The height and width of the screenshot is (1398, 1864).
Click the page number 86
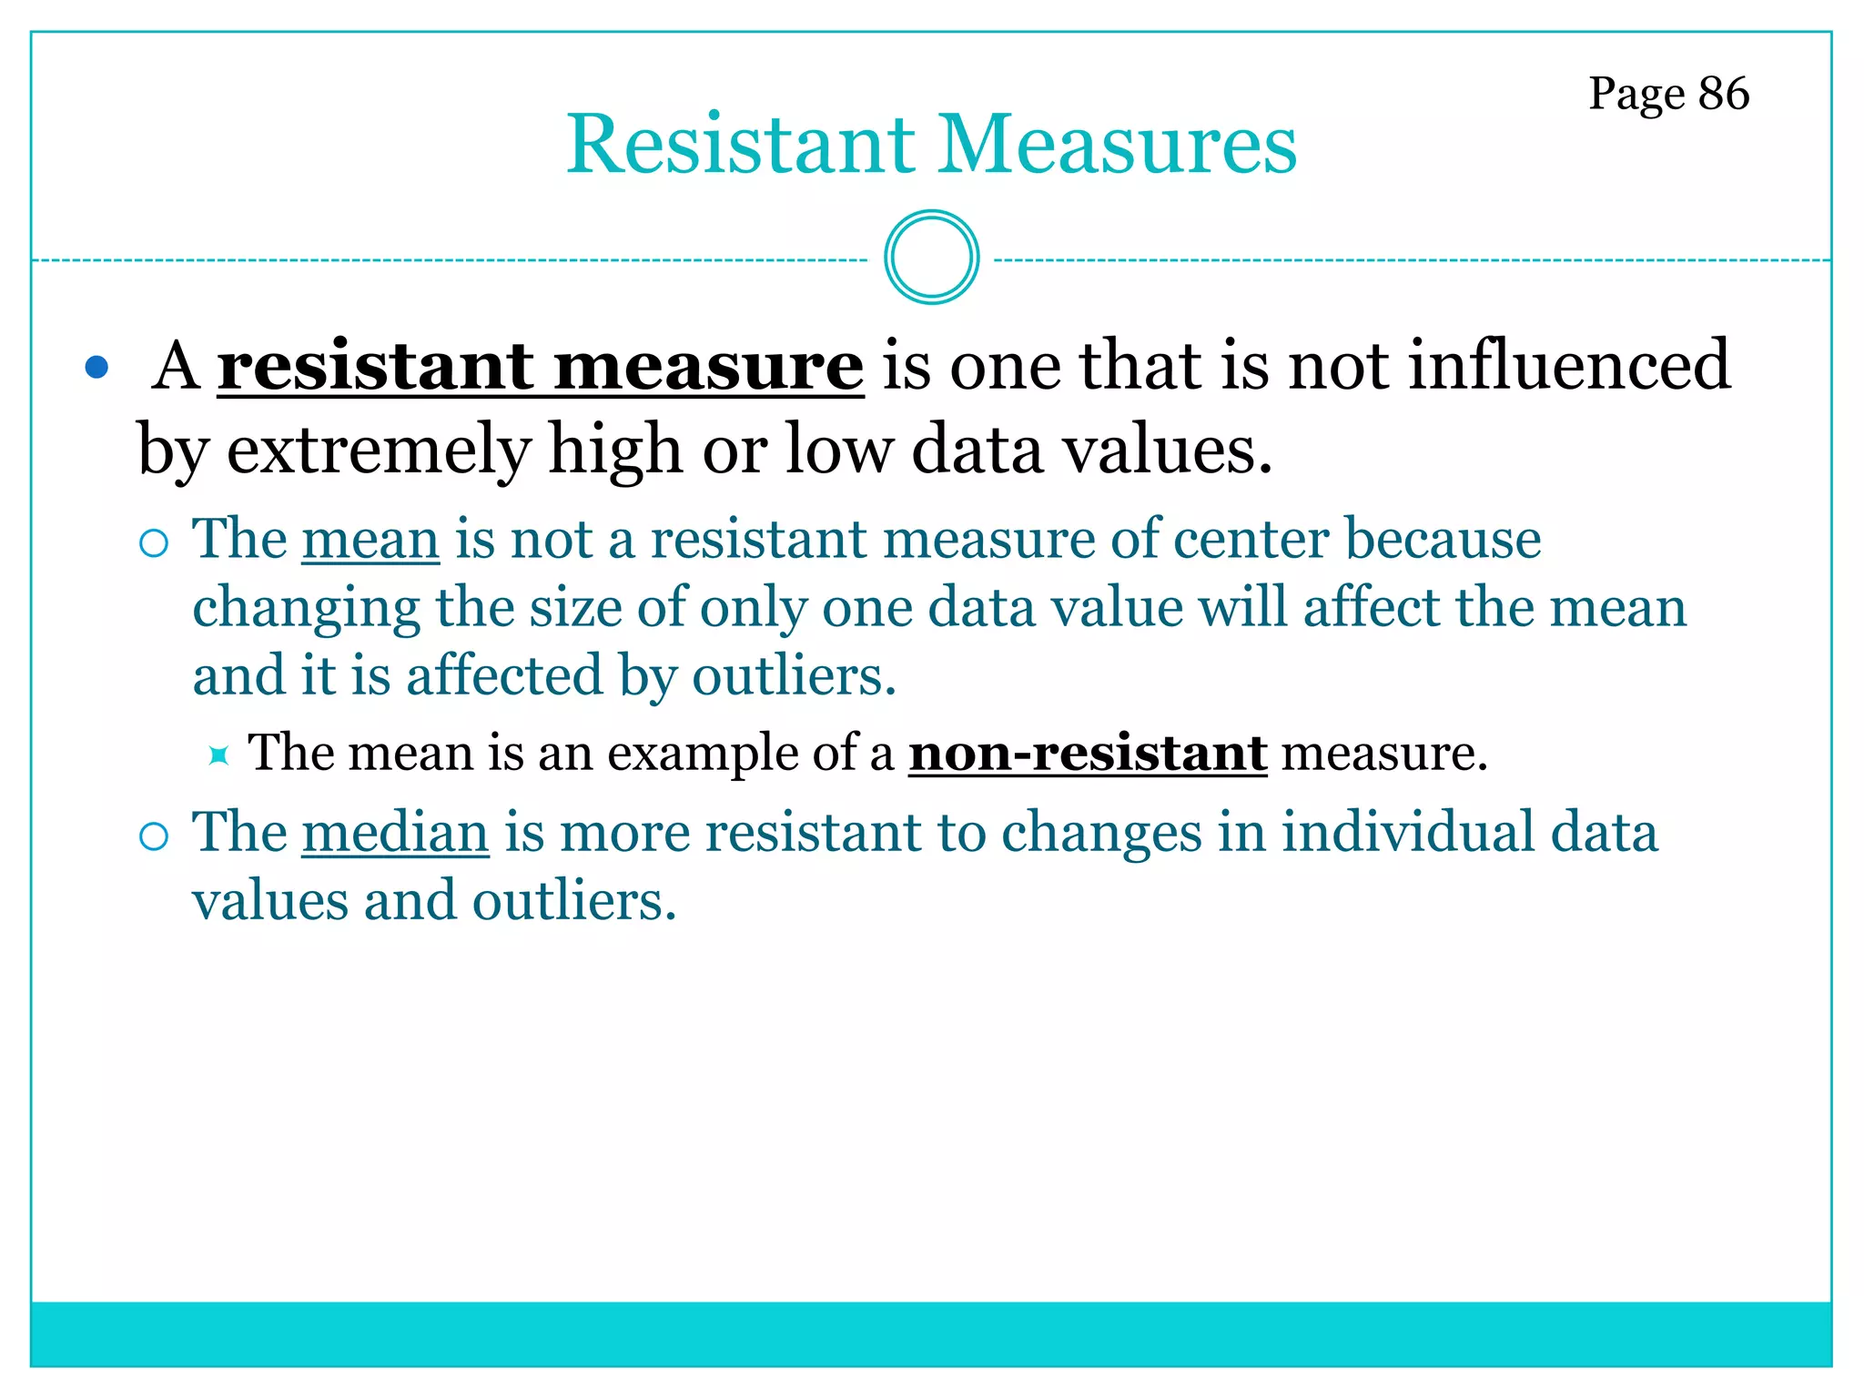(1723, 94)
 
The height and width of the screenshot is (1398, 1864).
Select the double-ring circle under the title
(931, 258)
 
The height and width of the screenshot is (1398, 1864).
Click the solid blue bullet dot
(96, 368)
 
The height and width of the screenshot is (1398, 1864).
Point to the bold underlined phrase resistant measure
(540, 366)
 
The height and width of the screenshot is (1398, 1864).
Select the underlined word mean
(370, 539)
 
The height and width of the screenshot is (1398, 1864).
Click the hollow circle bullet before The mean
(155, 543)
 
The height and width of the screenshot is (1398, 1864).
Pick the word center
(1251, 539)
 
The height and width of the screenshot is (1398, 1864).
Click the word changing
(307, 608)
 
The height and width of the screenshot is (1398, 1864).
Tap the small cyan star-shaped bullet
(218, 755)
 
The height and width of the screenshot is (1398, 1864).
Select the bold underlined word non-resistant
(1088, 753)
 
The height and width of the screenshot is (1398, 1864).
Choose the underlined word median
(395, 833)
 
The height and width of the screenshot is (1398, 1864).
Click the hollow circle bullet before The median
(155, 836)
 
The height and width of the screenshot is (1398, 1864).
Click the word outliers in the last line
(573, 901)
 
